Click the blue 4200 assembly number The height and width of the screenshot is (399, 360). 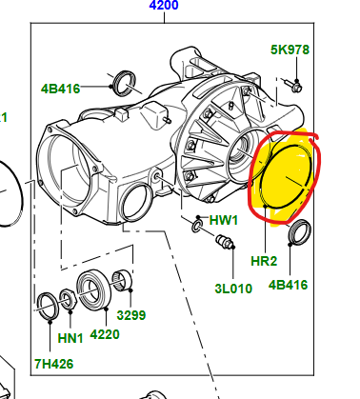click(x=164, y=5)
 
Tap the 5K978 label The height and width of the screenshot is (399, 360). click(x=290, y=50)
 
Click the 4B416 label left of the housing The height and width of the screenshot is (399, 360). click(x=60, y=89)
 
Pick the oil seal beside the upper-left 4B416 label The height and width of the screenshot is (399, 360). click(x=125, y=84)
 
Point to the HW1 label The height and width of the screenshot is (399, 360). click(x=224, y=220)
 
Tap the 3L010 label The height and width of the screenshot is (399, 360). click(x=233, y=289)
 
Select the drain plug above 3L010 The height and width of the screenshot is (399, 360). click(x=225, y=242)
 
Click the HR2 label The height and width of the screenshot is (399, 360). click(x=264, y=261)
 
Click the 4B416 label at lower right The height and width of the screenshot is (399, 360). click(x=288, y=285)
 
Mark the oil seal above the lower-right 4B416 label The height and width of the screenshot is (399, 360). click(x=299, y=232)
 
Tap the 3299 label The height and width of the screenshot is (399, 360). click(x=131, y=315)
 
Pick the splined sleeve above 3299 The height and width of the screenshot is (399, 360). click(x=123, y=280)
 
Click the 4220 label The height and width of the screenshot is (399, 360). click(x=105, y=334)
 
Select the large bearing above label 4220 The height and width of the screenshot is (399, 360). click(x=93, y=289)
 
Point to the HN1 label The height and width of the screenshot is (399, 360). click(x=70, y=338)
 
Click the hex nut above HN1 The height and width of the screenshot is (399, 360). click(x=68, y=299)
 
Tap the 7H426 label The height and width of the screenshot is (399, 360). click(x=54, y=364)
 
